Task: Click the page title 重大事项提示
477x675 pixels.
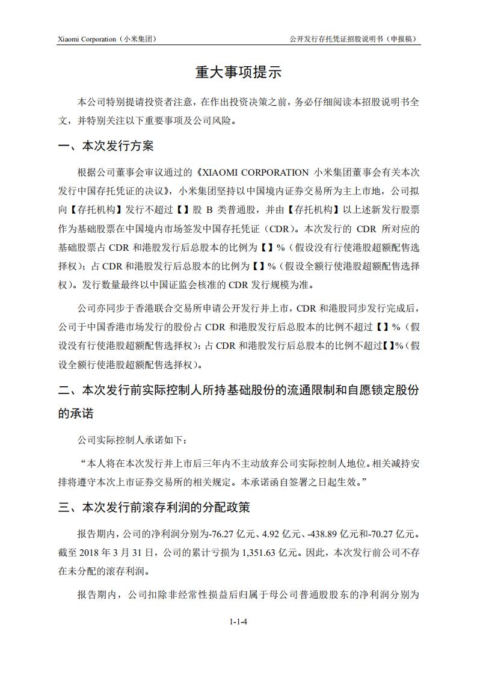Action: (238, 73)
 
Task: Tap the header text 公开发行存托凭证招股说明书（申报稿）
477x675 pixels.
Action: (354, 39)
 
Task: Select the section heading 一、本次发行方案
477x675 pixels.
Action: (106, 147)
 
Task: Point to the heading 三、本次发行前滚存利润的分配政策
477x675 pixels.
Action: (153, 507)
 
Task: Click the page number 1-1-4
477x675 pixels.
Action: (238, 622)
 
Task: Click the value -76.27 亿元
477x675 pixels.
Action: (227, 534)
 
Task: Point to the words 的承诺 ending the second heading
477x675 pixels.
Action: (76, 415)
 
